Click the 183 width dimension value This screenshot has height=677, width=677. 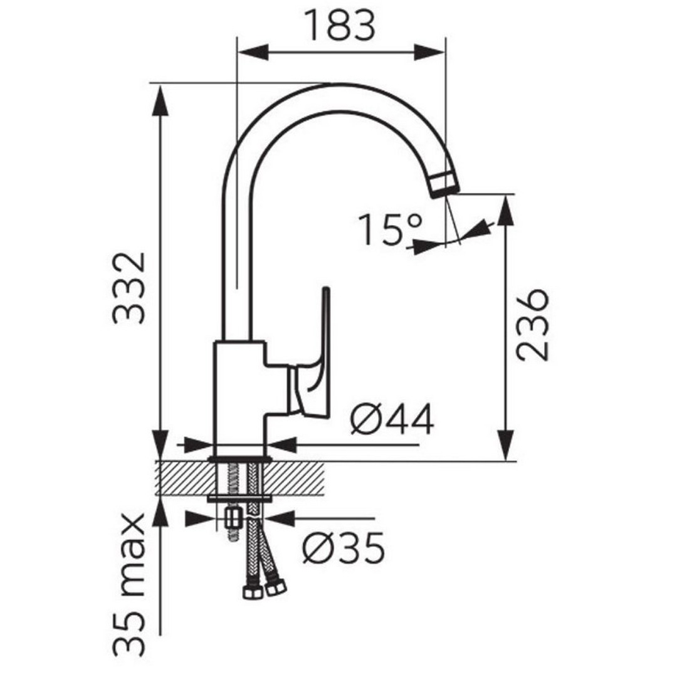click(x=340, y=25)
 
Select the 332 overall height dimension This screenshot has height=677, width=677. click(x=129, y=288)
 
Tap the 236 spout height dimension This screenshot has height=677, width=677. click(x=533, y=324)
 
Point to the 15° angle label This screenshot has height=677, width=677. click(x=391, y=229)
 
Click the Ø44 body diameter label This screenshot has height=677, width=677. click(x=392, y=419)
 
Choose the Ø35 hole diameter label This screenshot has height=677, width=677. click(x=344, y=548)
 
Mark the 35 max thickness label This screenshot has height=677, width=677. click(x=129, y=584)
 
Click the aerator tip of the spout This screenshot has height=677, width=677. click(x=444, y=184)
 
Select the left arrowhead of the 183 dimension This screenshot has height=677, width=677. click(x=253, y=52)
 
